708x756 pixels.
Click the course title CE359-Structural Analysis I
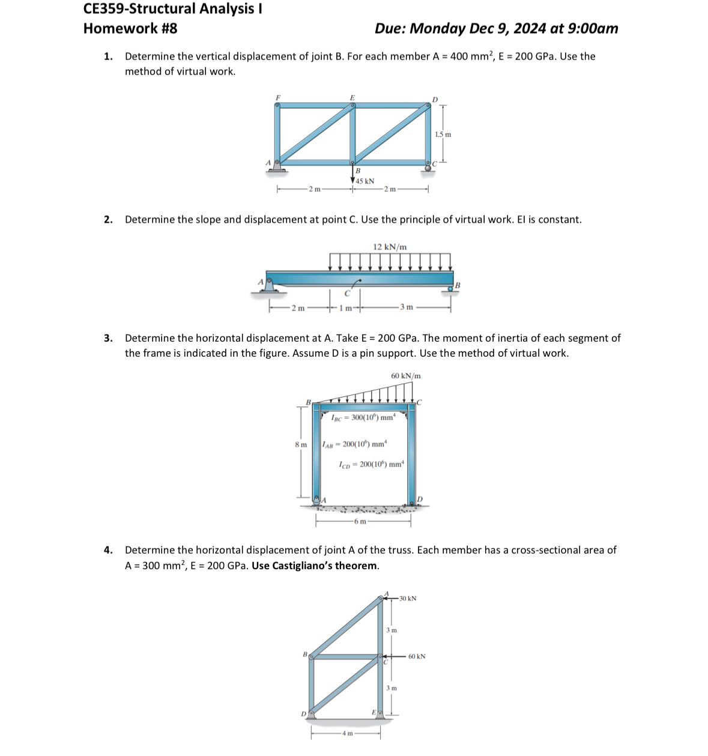point(172,9)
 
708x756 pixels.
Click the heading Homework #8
point(130,29)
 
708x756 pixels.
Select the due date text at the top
point(496,29)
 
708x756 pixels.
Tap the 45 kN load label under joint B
point(365,181)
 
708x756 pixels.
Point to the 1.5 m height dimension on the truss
point(443,135)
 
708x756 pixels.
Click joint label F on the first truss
point(277,97)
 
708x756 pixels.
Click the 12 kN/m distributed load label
point(390,247)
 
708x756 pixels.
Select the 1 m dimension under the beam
point(345,308)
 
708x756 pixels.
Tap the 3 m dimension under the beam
point(407,307)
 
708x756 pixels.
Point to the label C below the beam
point(346,294)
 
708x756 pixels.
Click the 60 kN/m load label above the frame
point(406,376)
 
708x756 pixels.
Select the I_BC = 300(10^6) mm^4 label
point(363,417)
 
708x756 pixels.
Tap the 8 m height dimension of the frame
point(300,445)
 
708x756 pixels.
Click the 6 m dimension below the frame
point(360,521)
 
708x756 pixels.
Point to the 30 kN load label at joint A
point(408,599)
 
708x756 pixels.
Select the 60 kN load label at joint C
point(417,656)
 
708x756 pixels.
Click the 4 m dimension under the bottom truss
point(346,734)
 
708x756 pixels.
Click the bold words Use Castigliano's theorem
point(315,566)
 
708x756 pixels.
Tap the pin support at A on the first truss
point(277,167)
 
